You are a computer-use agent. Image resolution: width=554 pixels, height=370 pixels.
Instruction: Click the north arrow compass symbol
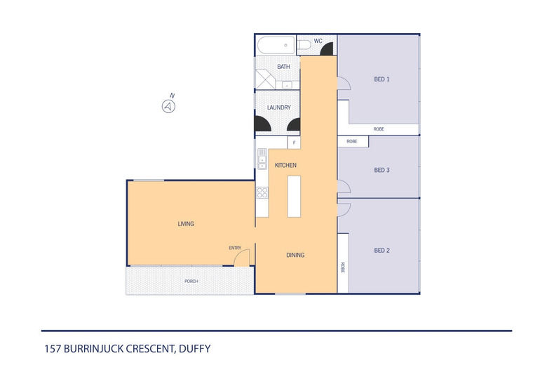tap(168, 106)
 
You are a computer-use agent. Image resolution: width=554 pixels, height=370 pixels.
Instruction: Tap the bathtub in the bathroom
tap(276, 46)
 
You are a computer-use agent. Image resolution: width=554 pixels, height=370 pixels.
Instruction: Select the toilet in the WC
tap(304, 46)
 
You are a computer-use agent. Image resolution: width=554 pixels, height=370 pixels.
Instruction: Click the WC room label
tap(318, 41)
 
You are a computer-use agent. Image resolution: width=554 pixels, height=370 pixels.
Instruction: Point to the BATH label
tap(283, 67)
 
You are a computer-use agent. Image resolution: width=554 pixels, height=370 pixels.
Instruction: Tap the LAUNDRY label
tap(278, 107)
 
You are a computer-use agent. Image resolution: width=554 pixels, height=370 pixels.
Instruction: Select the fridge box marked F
tap(294, 143)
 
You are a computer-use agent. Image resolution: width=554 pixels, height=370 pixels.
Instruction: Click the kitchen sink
tap(261, 163)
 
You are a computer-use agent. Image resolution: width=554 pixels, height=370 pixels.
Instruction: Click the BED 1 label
tap(381, 79)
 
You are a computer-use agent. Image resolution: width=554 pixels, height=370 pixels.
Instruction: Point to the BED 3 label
tap(381, 170)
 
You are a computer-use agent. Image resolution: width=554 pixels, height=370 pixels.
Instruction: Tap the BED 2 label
tap(381, 251)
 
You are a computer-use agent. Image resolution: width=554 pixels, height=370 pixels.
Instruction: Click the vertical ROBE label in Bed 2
tap(343, 267)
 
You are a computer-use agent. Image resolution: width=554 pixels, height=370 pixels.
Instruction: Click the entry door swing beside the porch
tap(241, 258)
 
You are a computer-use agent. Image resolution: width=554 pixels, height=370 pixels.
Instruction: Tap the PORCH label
tap(191, 281)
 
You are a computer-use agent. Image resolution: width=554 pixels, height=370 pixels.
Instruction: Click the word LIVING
tap(185, 224)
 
